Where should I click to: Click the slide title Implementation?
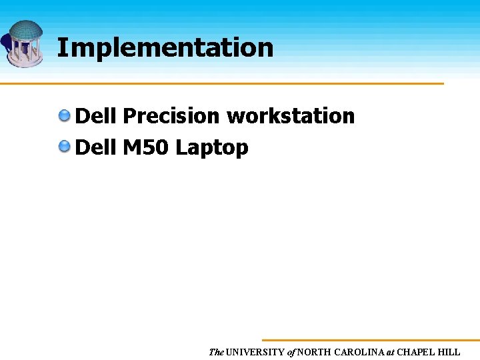tap(165, 48)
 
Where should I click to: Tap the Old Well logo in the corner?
tap(24, 43)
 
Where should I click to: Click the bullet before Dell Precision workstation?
tap(65, 116)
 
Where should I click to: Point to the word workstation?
tap(291, 116)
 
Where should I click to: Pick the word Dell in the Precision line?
tap(96, 116)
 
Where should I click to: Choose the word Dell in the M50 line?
tap(96, 147)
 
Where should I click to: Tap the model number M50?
tap(146, 147)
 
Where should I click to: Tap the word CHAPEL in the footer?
tap(417, 352)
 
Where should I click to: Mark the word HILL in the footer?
tap(450, 352)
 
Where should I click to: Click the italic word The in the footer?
tap(216, 352)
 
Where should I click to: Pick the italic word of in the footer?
tap(291, 352)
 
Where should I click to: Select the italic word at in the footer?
tap(391, 352)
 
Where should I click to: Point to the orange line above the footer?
tap(370, 340)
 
